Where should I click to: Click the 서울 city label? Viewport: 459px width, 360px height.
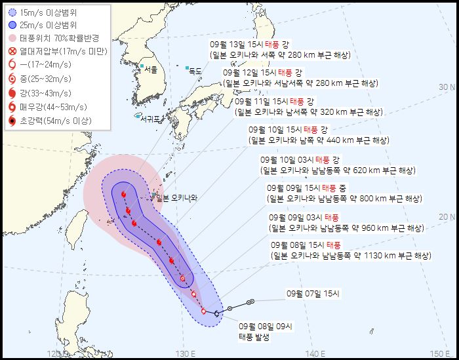pos(151,69)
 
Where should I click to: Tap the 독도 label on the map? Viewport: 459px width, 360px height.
pos(195,70)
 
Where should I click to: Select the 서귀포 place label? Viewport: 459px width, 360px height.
pos(150,119)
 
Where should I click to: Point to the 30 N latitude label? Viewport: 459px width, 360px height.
pos(448,87)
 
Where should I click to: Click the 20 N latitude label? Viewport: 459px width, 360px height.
pos(448,217)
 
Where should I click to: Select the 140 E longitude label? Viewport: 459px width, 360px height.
pos(316,354)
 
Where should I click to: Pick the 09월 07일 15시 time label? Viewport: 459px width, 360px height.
pos(313,294)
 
